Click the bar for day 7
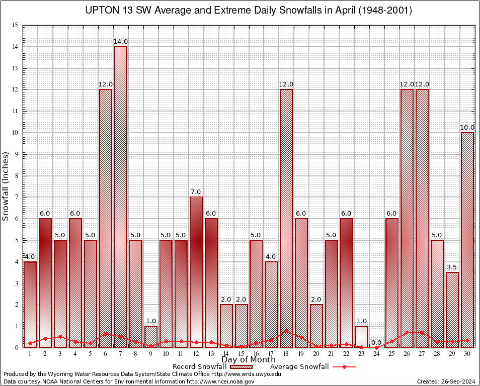(121, 196)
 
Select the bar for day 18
(286, 216)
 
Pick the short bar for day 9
(151, 336)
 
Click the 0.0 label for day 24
(377, 343)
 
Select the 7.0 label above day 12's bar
(196, 192)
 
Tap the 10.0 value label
(467, 128)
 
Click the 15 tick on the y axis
(15, 25)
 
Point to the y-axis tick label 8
(16, 176)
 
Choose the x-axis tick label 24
(377, 354)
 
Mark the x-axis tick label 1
(30, 354)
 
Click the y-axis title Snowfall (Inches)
(6, 185)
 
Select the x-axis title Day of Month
(249, 360)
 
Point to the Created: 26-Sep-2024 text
(446, 381)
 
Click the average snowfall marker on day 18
(286, 331)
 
